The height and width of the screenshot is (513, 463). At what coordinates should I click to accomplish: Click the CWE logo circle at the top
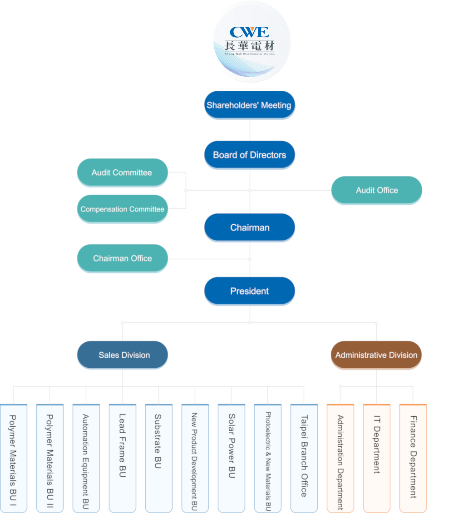coord(250,42)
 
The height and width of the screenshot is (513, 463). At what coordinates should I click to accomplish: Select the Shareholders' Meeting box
coord(250,105)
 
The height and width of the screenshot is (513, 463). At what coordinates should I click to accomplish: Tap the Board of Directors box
coord(250,155)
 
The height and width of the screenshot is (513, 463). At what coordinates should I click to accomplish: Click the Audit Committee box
coord(122,173)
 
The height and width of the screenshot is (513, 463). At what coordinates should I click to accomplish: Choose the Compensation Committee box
coord(122,209)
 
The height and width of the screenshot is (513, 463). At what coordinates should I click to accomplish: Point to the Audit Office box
coord(376,190)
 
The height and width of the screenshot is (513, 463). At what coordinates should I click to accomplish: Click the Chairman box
coord(250,227)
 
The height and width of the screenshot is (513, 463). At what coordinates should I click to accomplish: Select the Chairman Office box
coord(122,258)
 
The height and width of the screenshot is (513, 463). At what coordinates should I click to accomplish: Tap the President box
coord(250,291)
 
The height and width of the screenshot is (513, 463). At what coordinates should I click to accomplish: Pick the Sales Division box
coord(123,355)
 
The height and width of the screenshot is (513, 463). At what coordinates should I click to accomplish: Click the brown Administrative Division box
coord(376,355)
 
